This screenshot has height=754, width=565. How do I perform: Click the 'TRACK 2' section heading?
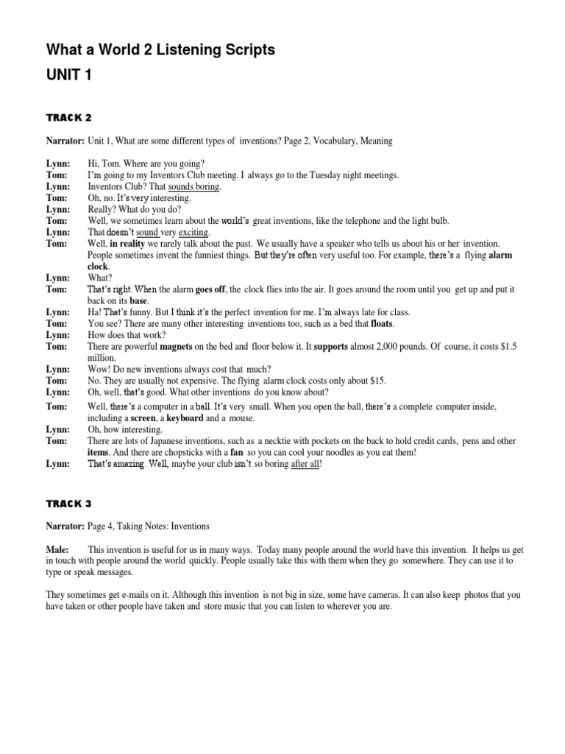click(68, 117)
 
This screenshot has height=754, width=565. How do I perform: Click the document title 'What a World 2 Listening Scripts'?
click(160, 49)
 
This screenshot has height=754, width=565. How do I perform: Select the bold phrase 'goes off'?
click(210, 290)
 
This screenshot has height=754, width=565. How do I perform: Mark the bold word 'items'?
click(99, 452)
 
